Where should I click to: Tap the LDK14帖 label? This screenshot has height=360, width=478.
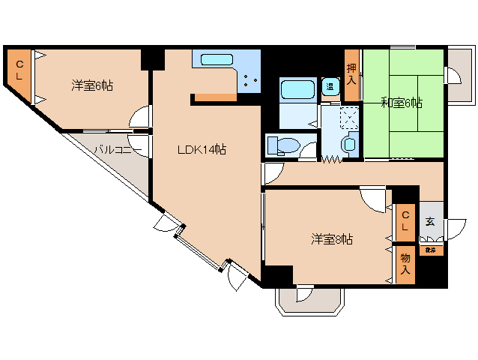click(x=202, y=149)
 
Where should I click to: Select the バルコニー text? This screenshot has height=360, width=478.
click(x=113, y=149)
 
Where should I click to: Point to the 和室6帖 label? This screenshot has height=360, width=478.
click(x=400, y=103)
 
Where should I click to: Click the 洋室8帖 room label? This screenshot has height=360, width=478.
click(x=333, y=239)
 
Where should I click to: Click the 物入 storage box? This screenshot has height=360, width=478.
click(x=405, y=264)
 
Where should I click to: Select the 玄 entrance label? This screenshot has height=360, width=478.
click(x=430, y=221)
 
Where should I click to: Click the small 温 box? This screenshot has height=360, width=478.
click(x=330, y=87)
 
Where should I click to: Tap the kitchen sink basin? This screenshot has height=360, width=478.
click(x=217, y=59)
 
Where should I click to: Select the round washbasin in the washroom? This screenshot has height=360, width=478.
click(x=348, y=144)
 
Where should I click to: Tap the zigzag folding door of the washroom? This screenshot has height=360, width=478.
click(x=332, y=159)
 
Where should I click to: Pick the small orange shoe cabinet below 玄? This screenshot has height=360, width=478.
click(x=430, y=250)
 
